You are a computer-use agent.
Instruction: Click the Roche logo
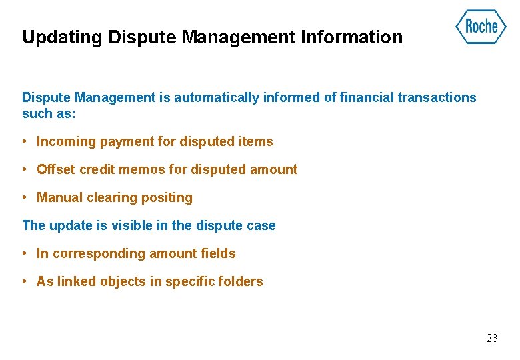click(x=480, y=27)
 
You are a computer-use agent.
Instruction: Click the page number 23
click(x=491, y=338)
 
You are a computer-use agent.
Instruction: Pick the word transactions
click(x=437, y=97)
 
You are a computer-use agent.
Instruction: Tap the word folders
click(x=241, y=281)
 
